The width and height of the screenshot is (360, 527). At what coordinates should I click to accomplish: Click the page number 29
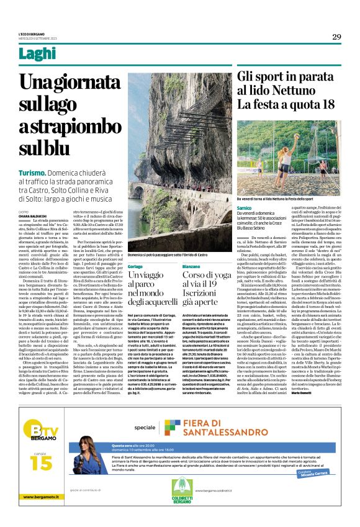pos(336,37)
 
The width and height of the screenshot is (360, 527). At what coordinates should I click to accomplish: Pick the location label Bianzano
pos(192,266)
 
